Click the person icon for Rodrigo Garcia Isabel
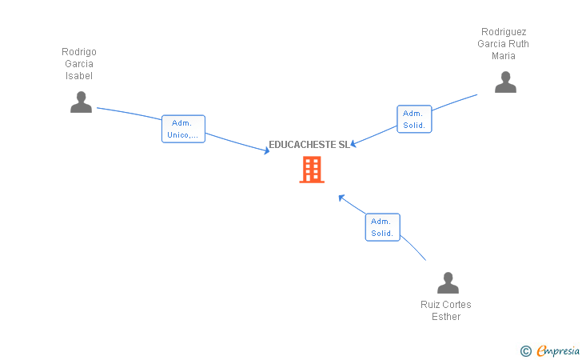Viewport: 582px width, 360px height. click(x=81, y=102)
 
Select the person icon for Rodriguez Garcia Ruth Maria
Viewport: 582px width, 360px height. click(x=505, y=82)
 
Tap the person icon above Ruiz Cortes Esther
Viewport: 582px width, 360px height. click(x=448, y=282)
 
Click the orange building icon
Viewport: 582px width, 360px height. click(x=312, y=170)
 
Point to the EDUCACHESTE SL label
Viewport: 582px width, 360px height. click(x=309, y=145)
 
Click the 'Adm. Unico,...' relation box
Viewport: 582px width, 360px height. click(x=183, y=129)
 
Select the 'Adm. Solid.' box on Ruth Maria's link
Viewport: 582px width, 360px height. click(x=414, y=119)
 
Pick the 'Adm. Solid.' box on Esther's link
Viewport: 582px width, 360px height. click(x=382, y=227)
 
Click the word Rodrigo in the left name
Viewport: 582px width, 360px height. click(x=79, y=52)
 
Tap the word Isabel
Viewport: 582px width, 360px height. click(x=79, y=76)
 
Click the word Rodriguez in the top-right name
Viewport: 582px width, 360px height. click(x=504, y=32)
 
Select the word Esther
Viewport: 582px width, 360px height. click(x=446, y=317)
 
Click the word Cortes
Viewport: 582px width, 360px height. click(x=457, y=305)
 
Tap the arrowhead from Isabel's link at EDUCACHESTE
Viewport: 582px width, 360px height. click(x=267, y=150)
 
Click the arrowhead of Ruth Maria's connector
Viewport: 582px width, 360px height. click(x=353, y=144)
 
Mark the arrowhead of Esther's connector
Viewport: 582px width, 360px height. click(x=341, y=197)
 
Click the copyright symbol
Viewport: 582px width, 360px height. click(x=525, y=350)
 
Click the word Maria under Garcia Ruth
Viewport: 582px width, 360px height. click(x=504, y=56)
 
